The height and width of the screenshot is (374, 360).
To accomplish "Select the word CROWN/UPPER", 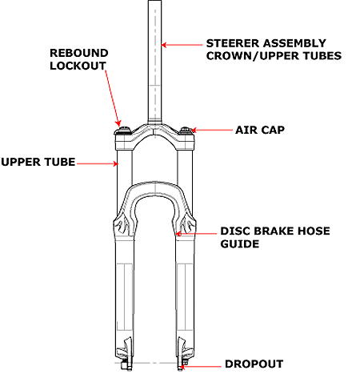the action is point(253,56).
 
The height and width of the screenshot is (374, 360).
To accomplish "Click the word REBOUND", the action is point(79,53).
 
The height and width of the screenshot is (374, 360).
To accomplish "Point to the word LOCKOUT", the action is point(78,66).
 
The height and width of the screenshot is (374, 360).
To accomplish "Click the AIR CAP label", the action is point(260,130).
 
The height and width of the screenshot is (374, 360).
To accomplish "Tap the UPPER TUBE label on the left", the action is point(38,162).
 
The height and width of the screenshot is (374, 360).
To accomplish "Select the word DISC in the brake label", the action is point(235,231).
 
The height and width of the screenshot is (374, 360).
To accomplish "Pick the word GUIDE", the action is point(240,243).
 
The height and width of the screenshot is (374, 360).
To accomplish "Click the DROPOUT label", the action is point(254,364).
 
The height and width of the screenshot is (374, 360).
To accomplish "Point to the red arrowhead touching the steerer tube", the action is point(164,45).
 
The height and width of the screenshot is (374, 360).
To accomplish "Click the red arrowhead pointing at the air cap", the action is point(194,131).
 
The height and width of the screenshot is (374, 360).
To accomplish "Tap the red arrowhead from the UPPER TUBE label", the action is point(115,163).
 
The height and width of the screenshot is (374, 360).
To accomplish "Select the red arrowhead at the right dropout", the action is point(181,366).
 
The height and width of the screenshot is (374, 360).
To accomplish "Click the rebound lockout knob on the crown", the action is point(123,131).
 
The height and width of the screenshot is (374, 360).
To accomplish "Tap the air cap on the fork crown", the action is point(186,131).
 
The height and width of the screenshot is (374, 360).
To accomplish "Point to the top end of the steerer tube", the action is point(154,1).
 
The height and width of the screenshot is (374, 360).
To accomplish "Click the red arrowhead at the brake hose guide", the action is point(178,234).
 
